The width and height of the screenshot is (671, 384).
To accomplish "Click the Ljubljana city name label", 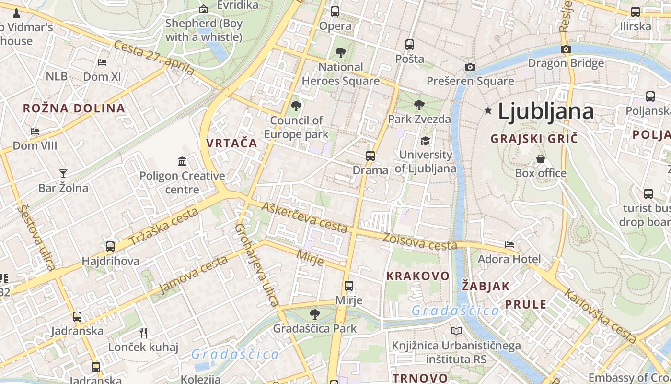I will click(546, 111).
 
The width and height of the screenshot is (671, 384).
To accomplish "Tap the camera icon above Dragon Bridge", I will click(566, 49).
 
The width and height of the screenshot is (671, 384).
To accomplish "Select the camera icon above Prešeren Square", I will click(470, 67).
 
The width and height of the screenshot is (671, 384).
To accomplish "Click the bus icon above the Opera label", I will click(335, 11).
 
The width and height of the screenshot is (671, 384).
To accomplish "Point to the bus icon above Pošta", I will click(410, 45).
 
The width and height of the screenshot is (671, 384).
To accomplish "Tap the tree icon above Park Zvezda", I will click(419, 104).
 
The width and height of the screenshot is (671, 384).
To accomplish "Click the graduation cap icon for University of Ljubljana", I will click(425, 141).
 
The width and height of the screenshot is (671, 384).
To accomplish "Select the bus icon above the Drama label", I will click(370, 156).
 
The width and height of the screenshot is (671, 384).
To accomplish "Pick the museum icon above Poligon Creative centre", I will click(182, 161).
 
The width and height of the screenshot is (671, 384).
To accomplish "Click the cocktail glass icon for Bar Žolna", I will click(63, 173).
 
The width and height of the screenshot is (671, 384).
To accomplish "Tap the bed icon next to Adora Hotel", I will click(509, 245).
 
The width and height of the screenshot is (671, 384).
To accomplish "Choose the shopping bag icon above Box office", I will click(541, 158).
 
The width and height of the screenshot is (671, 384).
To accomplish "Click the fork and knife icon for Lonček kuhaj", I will click(143, 332).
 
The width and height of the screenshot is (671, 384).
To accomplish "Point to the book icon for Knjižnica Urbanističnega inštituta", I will click(456, 331).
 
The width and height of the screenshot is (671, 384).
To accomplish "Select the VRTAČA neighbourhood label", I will click(231, 143).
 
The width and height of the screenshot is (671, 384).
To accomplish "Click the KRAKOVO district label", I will click(418, 276).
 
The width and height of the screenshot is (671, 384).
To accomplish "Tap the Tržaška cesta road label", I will click(163, 227).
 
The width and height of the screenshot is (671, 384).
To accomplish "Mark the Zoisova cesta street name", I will click(420, 242).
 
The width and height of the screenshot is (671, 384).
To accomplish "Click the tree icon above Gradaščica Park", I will click(315, 314).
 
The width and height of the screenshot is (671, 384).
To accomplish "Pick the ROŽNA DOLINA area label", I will click(74, 108).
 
